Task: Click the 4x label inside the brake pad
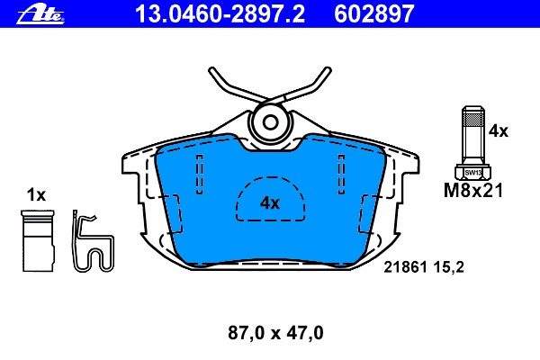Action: click(270, 203)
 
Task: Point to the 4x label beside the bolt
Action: click(498, 130)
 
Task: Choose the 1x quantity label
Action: click(36, 194)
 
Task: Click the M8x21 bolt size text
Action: click(473, 190)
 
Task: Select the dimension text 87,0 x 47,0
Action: click(271, 333)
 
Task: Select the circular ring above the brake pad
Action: click(269, 121)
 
